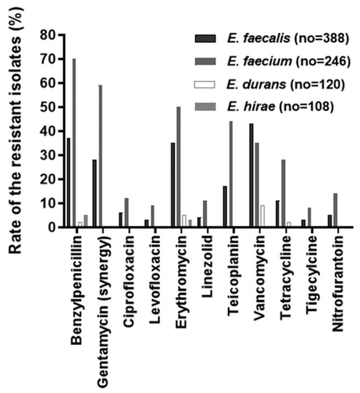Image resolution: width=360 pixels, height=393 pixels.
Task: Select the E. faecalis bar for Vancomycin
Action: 251,175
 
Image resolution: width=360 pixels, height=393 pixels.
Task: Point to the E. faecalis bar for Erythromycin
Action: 173,185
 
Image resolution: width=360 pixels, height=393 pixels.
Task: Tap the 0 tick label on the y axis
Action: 51,227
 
